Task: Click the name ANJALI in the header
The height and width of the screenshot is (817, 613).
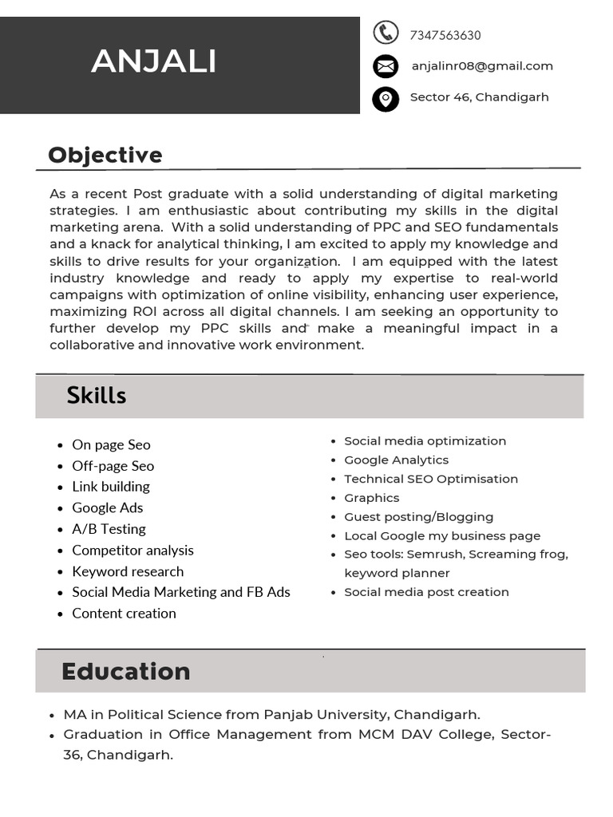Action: (153, 61)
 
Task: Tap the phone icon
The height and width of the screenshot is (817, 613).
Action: (386, 33)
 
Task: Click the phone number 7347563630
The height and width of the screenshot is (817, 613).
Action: (445, 35)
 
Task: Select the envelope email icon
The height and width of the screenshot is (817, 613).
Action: (386, 65)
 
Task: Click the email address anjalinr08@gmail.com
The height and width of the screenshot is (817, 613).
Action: (482, 66)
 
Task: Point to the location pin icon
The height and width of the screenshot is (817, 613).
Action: (386, 99)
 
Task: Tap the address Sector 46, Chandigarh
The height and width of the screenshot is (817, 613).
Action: (479, 97)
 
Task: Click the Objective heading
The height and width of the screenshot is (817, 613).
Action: (105, 155)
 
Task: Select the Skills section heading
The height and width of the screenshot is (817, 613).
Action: (97, 395)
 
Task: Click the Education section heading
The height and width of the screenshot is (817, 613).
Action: (126, 671)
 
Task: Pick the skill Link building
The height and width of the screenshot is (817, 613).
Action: (111, 487)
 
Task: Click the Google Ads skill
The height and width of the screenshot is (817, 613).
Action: (108, 507)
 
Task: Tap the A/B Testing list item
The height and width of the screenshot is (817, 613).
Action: (109, 529)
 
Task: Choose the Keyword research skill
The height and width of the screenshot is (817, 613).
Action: (128, 571)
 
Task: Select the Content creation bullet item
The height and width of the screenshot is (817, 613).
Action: (124, 614)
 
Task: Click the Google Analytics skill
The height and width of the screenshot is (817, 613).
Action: (396, 460)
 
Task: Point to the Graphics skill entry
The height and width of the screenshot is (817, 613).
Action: (371, 498)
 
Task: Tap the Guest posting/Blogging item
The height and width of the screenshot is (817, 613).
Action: (418, 517)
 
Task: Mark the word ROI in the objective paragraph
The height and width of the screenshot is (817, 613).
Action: (144, 311)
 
